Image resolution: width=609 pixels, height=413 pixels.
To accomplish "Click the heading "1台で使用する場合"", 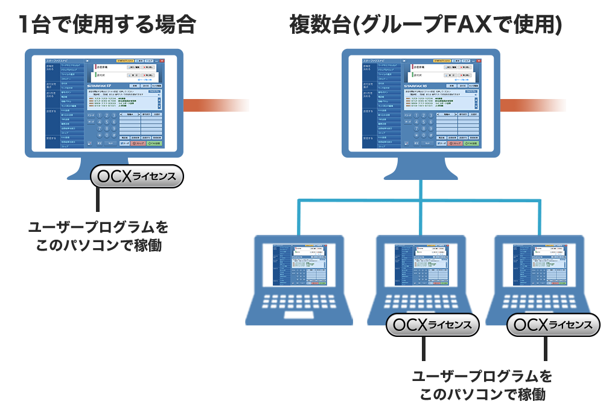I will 107,25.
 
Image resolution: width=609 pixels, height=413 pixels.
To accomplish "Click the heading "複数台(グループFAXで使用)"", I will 426,25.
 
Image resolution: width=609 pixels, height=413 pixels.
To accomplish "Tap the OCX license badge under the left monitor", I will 136,176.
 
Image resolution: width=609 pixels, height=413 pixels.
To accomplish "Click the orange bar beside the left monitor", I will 216,105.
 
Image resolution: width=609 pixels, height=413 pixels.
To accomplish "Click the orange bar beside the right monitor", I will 534,105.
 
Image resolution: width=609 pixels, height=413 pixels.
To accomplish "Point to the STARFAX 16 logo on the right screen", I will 420,86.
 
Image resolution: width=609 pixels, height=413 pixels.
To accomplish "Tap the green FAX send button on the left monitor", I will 154,144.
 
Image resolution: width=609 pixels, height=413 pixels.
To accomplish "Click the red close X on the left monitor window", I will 162,61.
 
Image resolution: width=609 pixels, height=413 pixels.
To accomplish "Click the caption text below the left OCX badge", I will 98,237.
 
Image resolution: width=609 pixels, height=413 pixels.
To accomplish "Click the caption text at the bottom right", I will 482,386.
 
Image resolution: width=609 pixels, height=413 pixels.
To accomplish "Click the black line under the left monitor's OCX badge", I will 97,199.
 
